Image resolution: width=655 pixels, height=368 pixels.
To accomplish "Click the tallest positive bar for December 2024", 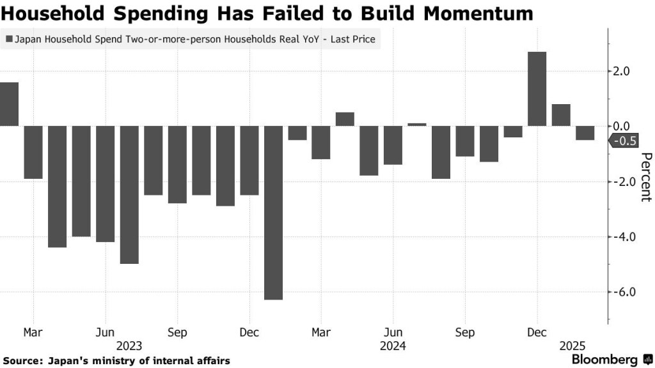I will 537,89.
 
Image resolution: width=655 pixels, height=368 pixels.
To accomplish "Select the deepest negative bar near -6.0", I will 273,212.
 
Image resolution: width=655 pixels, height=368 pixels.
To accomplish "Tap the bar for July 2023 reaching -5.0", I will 129,194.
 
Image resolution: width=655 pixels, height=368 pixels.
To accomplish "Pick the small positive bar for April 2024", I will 345,119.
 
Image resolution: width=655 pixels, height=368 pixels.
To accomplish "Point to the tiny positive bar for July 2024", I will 417,125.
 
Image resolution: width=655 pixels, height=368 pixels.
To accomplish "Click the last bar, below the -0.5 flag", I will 585,133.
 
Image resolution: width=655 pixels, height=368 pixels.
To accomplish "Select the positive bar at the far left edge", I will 9,104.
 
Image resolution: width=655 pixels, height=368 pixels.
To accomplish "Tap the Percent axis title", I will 645,177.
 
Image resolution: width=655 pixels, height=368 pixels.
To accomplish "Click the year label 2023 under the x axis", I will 130,346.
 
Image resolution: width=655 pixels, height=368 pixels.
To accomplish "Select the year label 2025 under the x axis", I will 571,346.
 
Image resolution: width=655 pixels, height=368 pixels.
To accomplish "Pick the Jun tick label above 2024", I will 393,333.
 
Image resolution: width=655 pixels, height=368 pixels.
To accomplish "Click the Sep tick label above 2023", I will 177,333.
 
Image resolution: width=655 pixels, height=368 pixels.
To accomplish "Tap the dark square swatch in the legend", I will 8,40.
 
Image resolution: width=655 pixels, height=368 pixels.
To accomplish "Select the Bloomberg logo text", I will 604,360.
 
